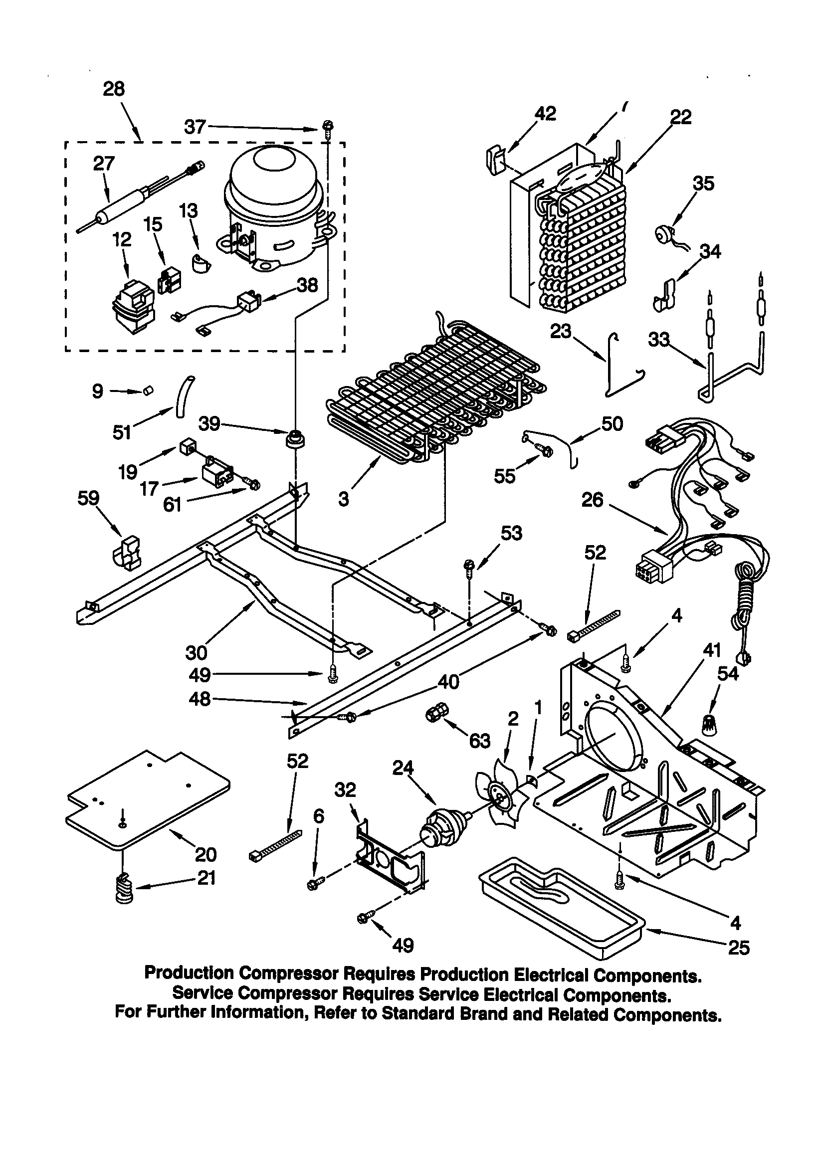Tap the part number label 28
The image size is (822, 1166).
(x=114, y=89)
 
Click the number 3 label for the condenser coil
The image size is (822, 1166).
(x=344, y=500)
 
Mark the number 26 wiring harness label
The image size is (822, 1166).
(x=593, y=500)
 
